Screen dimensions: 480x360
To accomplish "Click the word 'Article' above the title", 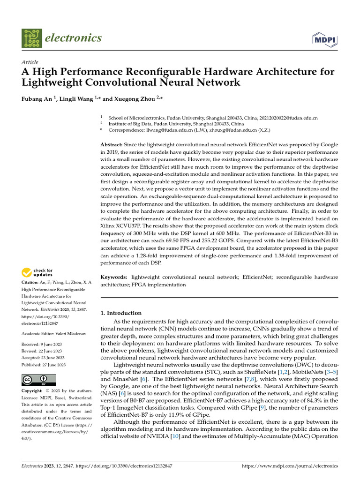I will point(30,62).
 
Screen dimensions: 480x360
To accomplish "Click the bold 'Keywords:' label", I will point(114,277).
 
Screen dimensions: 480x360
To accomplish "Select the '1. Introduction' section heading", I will point(121,313).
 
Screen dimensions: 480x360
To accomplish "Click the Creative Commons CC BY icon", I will point(38,380).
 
